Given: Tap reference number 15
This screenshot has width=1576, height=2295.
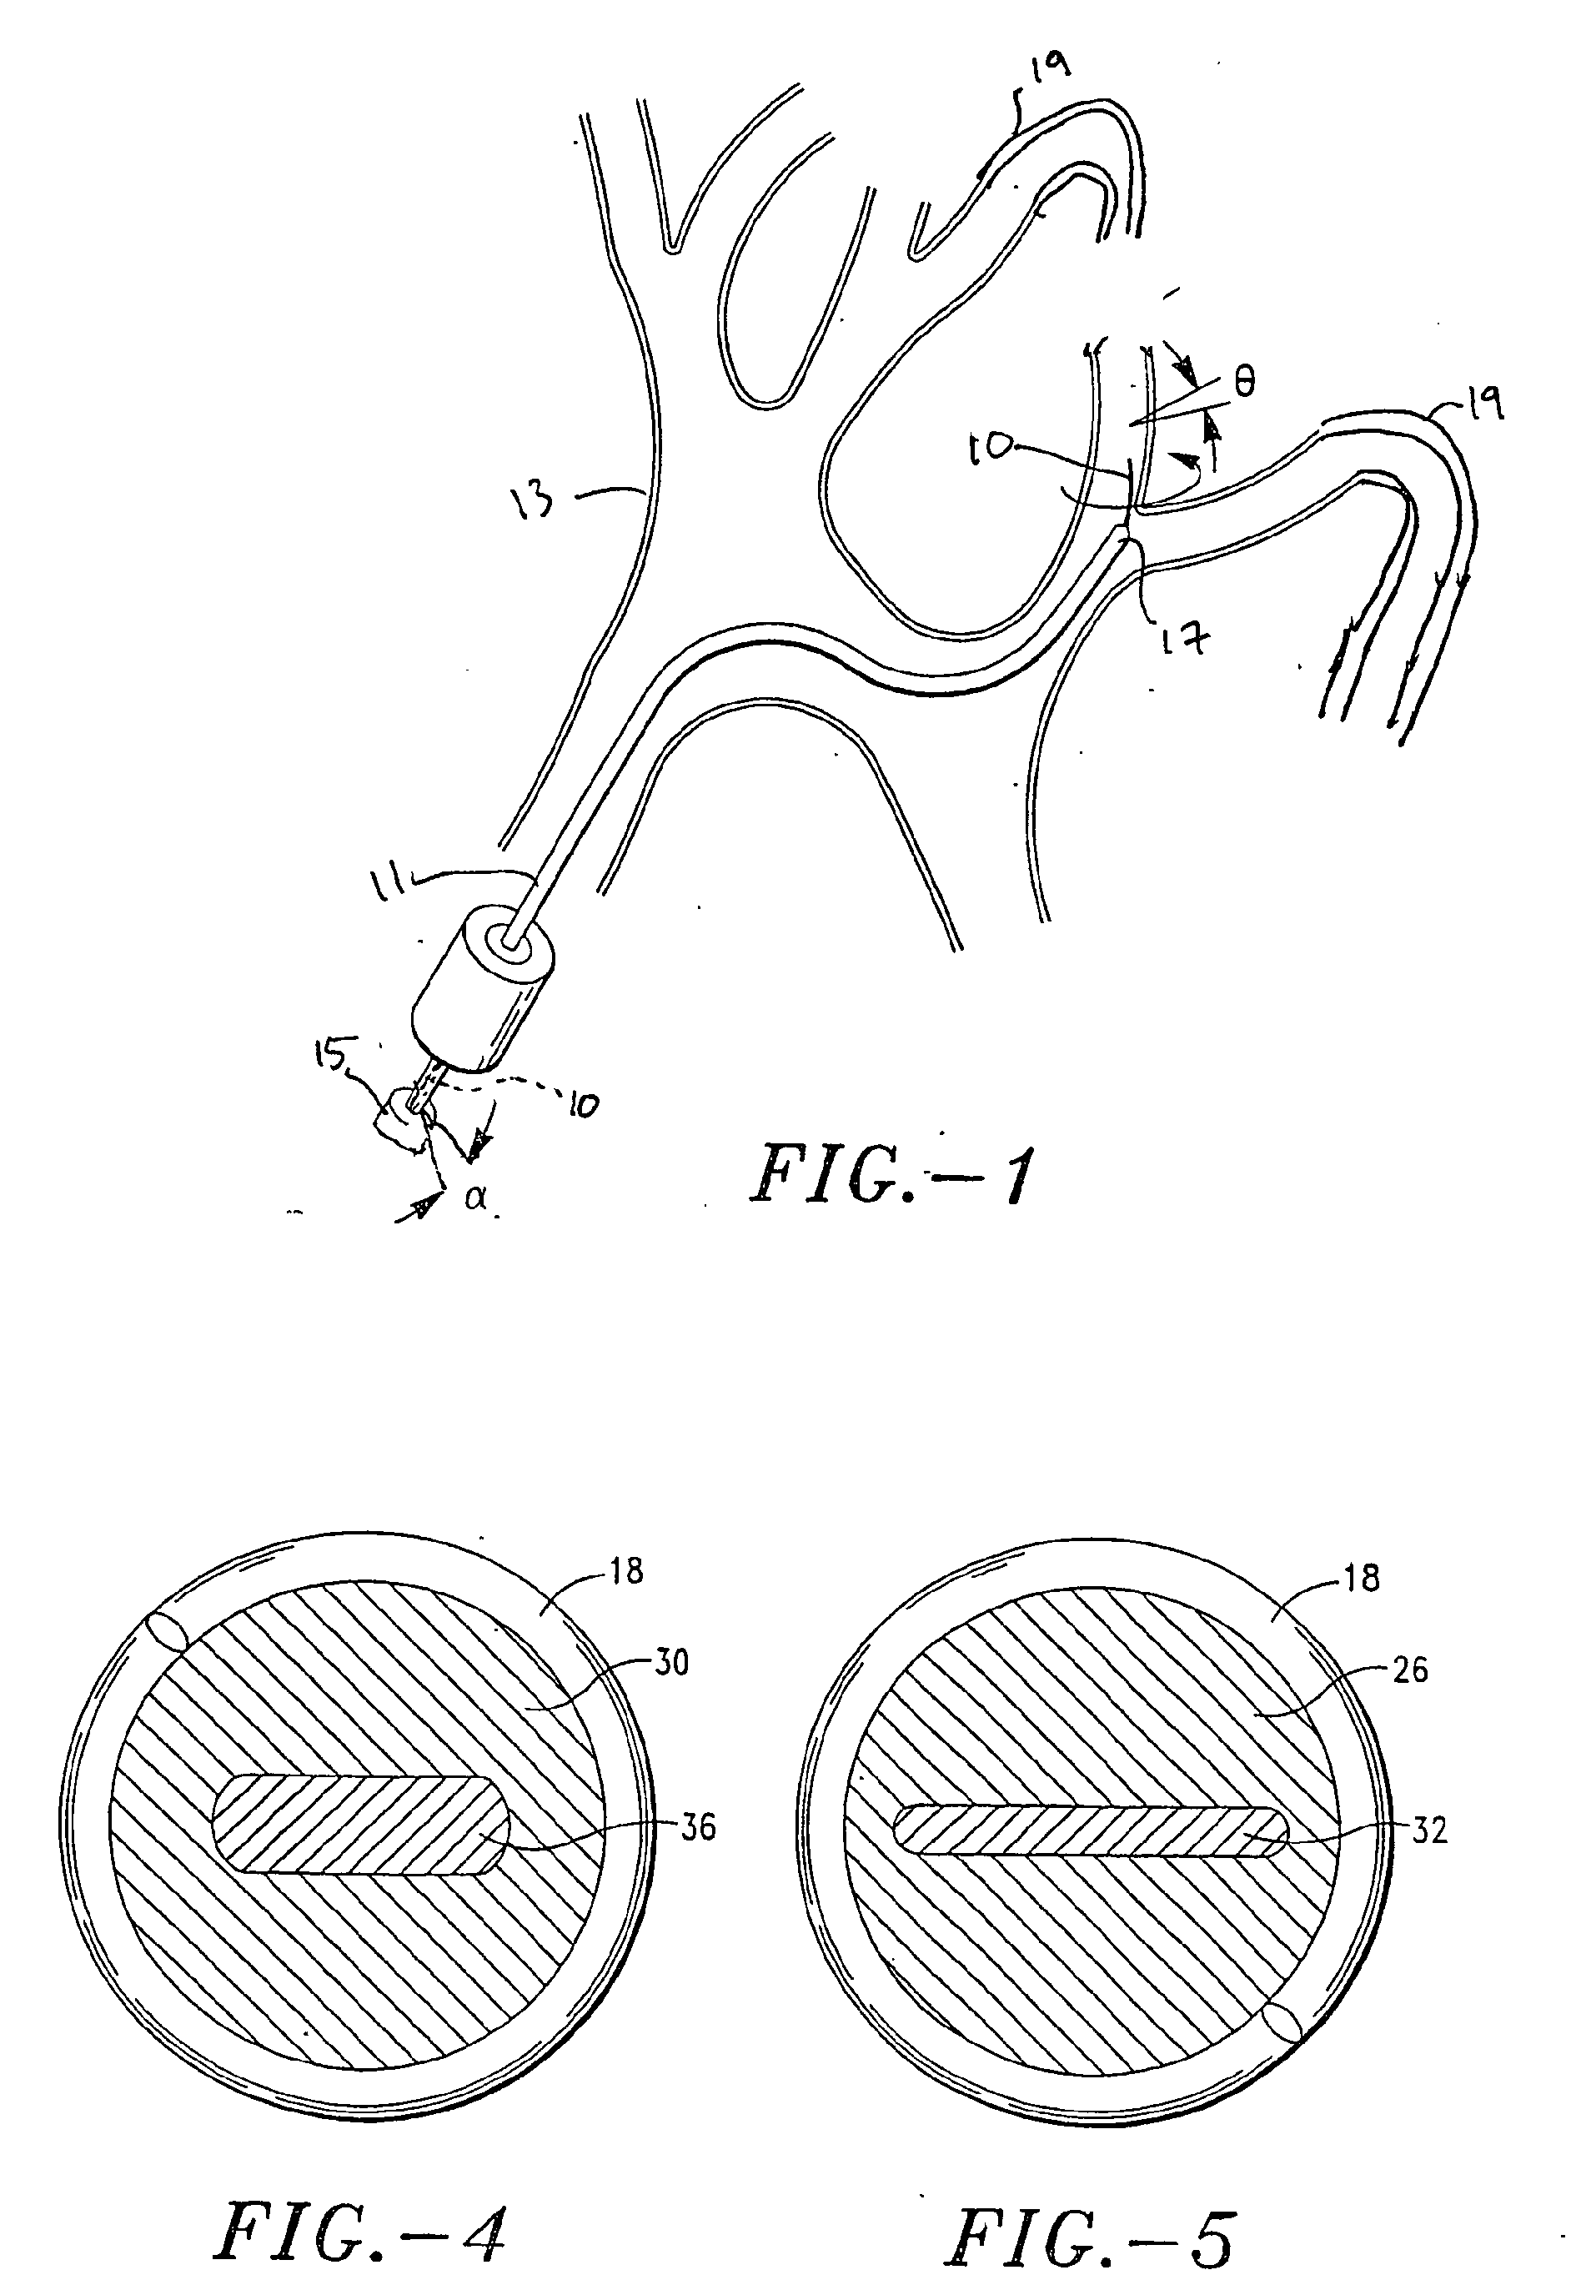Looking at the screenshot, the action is click(331, 1056).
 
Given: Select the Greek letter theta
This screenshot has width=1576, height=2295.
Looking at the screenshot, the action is click(1245, 382).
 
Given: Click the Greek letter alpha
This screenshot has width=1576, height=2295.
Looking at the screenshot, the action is click(475, 1203).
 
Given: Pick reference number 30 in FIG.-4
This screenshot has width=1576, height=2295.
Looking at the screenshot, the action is click(671, 1663).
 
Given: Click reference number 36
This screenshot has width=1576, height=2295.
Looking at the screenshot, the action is click(698, 1828).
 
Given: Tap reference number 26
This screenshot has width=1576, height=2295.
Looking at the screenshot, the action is click(1408, 1670).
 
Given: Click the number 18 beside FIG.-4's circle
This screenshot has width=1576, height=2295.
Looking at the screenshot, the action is click(627, 1570).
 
